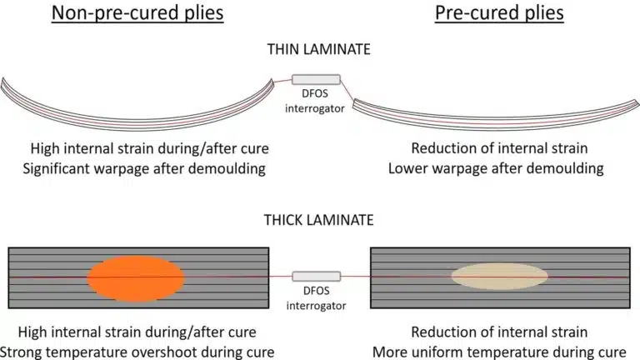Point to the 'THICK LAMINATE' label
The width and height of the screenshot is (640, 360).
point(319,221)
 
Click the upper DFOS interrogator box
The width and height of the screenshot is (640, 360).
point(316,80)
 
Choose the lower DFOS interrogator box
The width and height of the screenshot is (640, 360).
point(316,277)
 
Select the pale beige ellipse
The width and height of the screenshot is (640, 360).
point(499,277)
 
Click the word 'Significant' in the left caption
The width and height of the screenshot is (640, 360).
point(66,169)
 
